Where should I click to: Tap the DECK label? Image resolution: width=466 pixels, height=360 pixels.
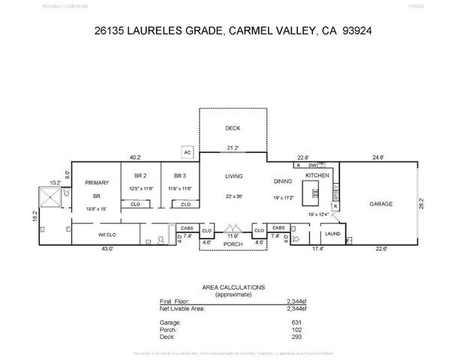pos(233,128)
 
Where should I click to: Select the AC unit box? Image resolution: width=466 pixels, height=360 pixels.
pos(188,152)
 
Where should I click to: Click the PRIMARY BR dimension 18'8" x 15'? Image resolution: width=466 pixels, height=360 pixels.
pos(95,209)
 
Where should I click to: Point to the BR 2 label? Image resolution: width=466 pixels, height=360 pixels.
pos(140,175)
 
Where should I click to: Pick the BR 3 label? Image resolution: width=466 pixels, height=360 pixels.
pos(180,175)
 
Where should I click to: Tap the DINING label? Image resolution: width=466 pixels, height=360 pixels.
pos(282,181)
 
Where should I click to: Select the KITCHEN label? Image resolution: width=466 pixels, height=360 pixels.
pos(317,175)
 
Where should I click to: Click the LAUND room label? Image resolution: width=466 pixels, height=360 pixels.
pos(332,234)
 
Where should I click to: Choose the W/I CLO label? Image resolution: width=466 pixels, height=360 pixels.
pos(106,234)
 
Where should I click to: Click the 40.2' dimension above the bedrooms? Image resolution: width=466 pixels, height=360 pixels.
pos(135,157)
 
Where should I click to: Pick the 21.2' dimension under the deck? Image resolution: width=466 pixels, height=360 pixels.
pos(233,148)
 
